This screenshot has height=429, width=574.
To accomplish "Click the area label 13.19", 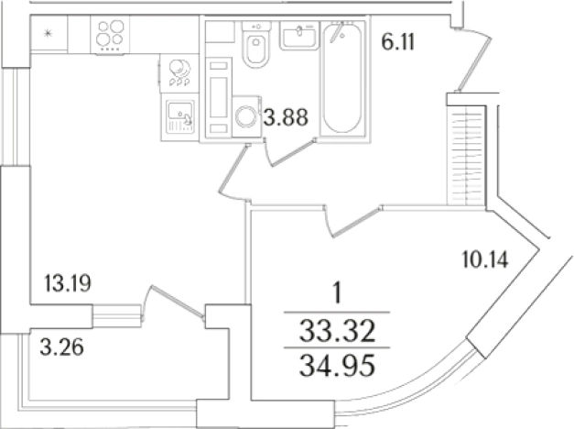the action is [x=68, y=283].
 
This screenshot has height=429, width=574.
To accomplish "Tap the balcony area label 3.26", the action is [x=62, y=346].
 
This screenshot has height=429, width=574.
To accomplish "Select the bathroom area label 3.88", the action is [x=287, y=117].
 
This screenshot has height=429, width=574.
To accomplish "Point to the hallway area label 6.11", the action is [x=398, y=42].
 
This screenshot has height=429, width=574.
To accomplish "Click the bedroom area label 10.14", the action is [x=485, y=259].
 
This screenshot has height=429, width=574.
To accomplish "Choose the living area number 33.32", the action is [x=337, y=331].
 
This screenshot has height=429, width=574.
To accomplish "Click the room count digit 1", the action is [x=337, y=294].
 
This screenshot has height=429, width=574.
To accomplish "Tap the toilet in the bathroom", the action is [x=256, y=44].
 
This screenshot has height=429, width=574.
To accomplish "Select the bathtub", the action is [x=342, y=79].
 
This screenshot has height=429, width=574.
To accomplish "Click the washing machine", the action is [x=247, y=116].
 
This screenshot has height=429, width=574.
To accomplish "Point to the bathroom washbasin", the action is [x=299, y=35].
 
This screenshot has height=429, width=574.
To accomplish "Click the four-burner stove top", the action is [x=110, y=36].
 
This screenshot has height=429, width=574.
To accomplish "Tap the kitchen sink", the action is [x=179, y=117].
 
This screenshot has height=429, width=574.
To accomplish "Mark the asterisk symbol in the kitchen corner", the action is [x=48, y=34].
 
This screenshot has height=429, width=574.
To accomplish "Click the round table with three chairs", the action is [x=179, y=73].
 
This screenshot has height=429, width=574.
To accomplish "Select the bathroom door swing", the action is [x=290, y=151].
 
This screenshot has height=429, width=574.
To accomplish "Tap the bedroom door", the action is [x=352, y=221].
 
